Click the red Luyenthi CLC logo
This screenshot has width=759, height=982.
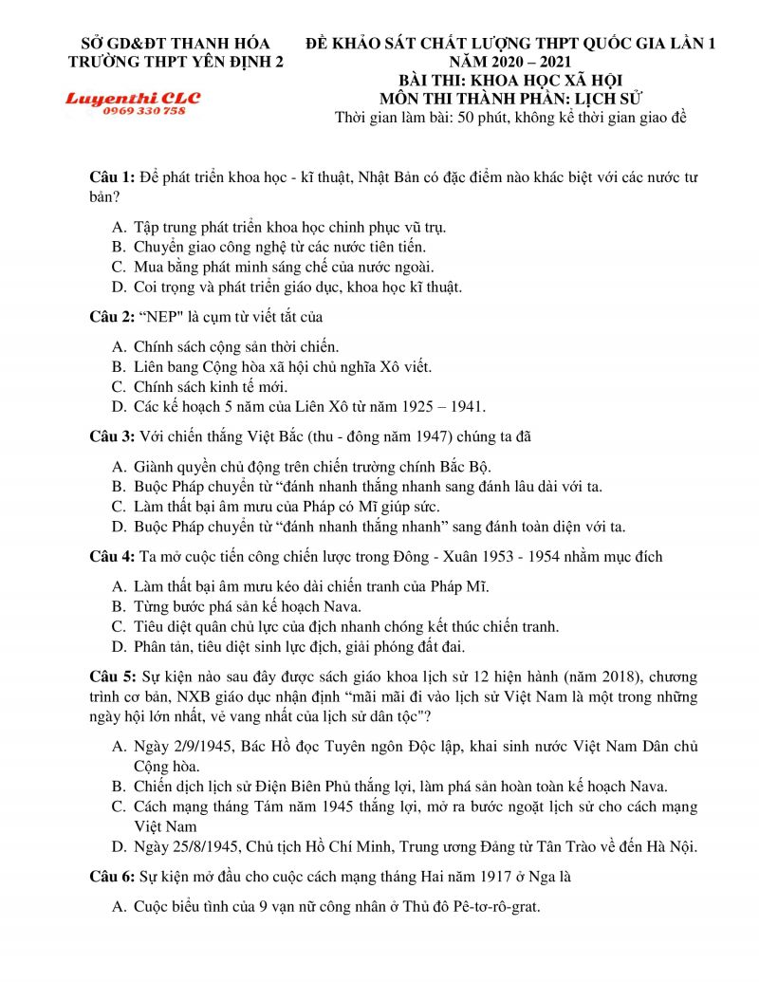pyautogui.click(x=132, y=99)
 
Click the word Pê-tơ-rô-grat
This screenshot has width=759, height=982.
pyautogui.click(x=490, y=906)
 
